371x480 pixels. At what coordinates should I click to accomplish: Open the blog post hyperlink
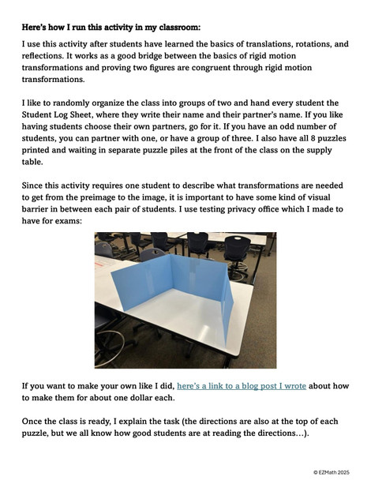(242, 387)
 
